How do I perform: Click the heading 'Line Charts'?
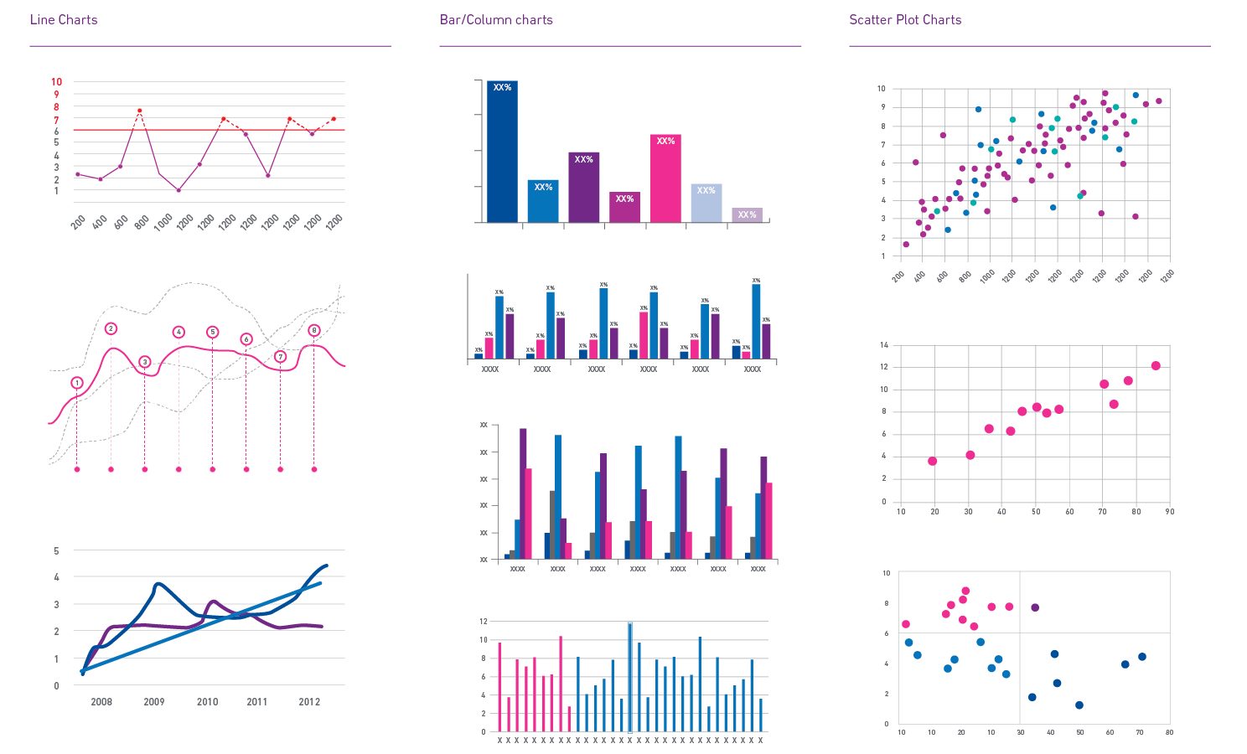point(64,20)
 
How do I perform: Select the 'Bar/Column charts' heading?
point(496,20)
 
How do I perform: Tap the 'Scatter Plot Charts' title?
point(905,20)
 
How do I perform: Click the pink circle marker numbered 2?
point(111,329)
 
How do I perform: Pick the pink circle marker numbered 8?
point(314,331)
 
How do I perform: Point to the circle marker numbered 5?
point(212,333)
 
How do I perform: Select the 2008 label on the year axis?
point(101,702)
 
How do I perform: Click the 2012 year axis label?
point(309,702)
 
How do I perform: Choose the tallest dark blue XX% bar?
point(502,151)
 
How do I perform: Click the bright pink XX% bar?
point(665,178)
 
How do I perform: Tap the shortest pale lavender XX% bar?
point(747,215)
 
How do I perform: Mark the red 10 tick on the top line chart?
point(57,82)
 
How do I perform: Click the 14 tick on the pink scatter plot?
point(883,345)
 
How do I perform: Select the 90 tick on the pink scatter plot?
point(1169,512)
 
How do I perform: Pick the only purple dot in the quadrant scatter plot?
point(1035,607)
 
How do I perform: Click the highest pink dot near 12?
point(1156,366)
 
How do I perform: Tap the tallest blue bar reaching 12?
point(630,675)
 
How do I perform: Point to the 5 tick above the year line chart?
point(57,551)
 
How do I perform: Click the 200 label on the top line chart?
point(78,224)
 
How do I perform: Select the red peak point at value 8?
point(139,111)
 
